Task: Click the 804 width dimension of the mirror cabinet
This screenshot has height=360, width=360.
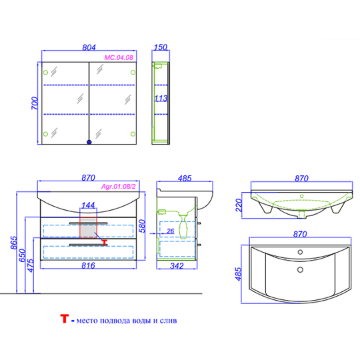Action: (x=89, y=47)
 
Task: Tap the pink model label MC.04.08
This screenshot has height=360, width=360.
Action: (x=119, y=57)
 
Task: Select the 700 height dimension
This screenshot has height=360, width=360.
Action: (x=35, y=103)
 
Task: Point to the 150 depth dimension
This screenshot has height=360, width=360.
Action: (x=161, y=47)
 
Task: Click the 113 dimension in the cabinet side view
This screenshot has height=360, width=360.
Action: (x=161, y=99)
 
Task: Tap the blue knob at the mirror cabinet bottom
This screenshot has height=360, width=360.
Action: (x=89, y=142)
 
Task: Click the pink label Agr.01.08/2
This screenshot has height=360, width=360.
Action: (x=119, y=187)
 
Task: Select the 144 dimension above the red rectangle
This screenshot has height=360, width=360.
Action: (x=88, y=205)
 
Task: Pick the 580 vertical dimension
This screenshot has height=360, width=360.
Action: (x=143, y=226)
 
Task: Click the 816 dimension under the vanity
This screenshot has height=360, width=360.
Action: (x=88, y=265)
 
